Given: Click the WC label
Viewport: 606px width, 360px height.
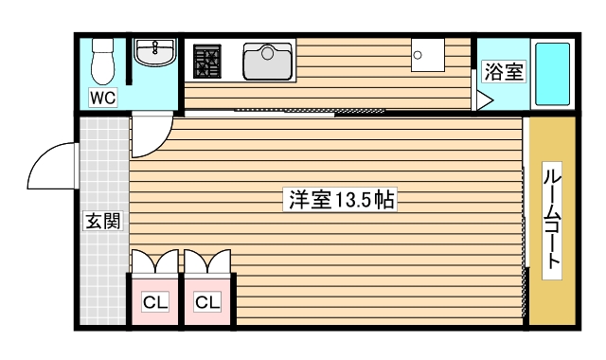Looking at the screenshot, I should [103, 98].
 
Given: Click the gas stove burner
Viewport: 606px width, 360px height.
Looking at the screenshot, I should [207, 63].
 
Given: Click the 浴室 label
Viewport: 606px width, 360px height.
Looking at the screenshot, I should [502, 71].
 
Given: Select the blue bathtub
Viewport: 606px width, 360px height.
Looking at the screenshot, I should [552, 73].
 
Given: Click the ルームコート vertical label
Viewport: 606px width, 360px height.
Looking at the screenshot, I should [552, 220].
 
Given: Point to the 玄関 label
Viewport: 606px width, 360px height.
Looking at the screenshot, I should [102, 222].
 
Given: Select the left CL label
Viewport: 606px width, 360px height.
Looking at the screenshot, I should [154, 302].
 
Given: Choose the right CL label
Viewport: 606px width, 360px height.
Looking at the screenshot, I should [207, 302].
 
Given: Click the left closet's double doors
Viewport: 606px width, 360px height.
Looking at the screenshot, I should [154, 261].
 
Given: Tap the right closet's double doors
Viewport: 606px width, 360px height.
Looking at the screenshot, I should [207, 261].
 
